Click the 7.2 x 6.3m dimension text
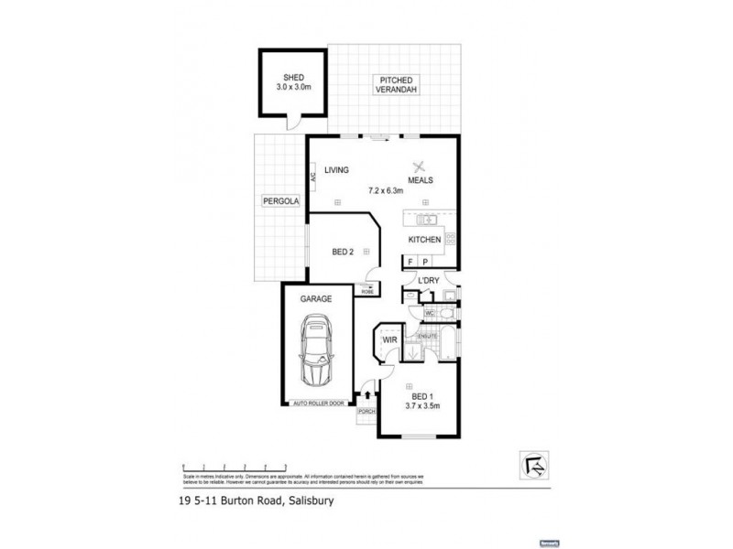[386, 190]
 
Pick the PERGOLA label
[279, 199]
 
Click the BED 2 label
[343, 252]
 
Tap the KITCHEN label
[425, 240]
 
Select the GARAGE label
[315, 299]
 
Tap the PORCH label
[367, 412]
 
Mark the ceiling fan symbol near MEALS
[421, 166]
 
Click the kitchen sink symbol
[426, 220]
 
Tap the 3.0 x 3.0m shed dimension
[293, 88]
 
